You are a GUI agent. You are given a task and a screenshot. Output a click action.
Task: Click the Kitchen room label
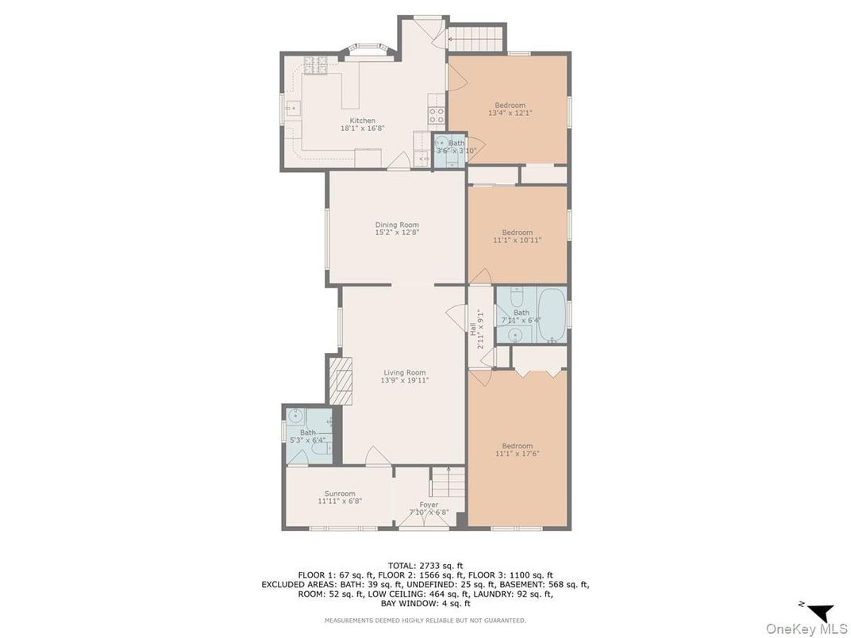(362, 121)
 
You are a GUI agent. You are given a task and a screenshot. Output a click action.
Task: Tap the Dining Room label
(397, 225)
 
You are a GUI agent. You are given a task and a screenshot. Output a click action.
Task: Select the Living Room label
(404, 373)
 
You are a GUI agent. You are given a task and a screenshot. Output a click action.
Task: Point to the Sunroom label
(340, 494)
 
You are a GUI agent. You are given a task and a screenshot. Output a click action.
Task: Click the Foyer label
(429, 505)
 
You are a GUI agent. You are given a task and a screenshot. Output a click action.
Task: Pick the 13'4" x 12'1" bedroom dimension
(510, 113)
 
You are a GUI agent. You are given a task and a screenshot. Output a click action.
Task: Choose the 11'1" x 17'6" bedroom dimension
(518, 454)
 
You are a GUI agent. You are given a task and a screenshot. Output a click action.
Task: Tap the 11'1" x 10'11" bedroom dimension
(518, 240)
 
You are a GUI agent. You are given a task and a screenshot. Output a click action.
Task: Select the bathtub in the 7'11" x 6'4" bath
(552, 315)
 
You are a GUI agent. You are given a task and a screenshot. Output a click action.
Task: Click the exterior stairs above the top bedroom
(476, 38)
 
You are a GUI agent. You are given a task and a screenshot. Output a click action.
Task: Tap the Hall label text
(472, 329)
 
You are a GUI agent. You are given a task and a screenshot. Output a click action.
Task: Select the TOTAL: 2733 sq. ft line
(425, 565)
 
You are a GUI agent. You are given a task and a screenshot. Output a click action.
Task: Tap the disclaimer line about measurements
(425, 620)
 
